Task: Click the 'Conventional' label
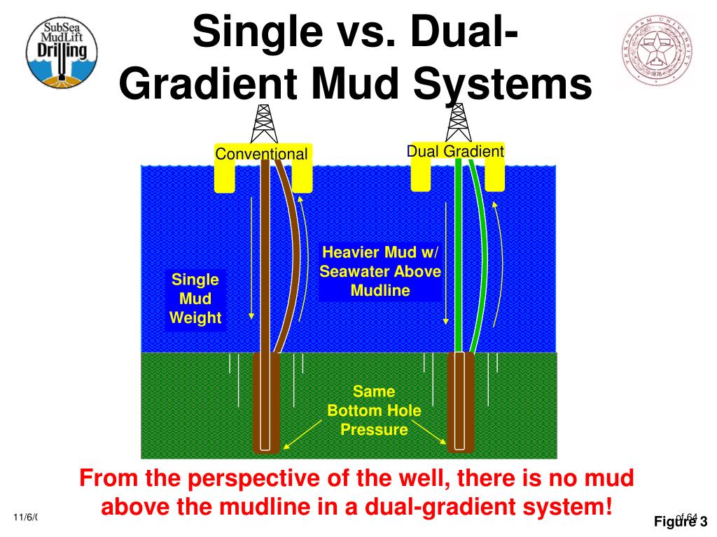coord(261,154)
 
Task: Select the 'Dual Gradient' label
coord(456,151)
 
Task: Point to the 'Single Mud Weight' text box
coord(195,299)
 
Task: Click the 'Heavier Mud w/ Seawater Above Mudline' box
coord(380,271)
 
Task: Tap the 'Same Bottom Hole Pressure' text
coord(374,410)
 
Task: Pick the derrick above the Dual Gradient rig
coord(459,124)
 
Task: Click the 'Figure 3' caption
coord(681,521)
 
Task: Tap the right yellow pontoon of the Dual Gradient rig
coord(495,175)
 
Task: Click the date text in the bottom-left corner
coord(25,517)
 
